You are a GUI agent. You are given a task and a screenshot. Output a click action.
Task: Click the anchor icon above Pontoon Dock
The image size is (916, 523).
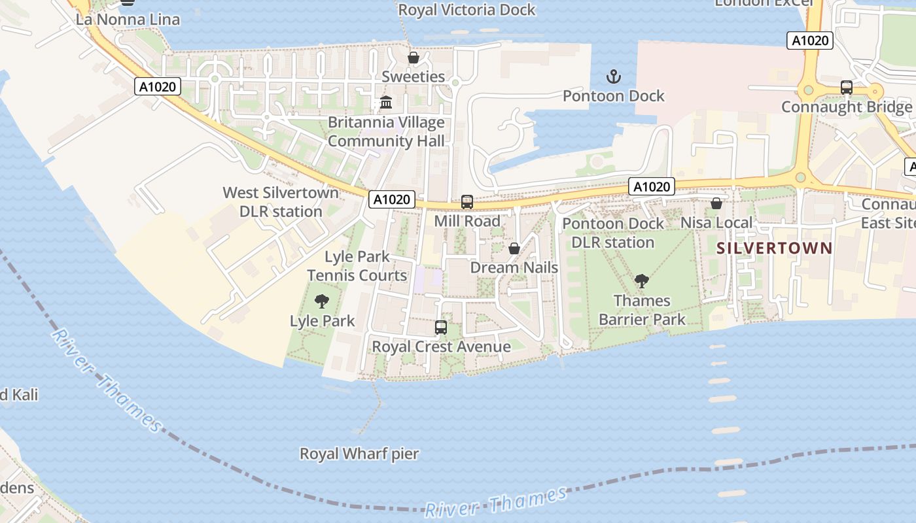[613, 77]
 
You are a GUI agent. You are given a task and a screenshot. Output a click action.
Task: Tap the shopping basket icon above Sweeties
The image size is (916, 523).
[413, 58]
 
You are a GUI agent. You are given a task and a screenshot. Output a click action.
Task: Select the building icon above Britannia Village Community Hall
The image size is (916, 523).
[386, 103]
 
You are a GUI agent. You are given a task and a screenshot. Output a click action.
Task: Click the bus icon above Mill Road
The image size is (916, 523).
[467, 202]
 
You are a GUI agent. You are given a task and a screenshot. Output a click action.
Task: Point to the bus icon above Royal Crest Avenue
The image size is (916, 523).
[441, 328]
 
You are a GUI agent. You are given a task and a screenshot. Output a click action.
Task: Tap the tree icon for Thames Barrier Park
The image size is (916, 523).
[642, 282]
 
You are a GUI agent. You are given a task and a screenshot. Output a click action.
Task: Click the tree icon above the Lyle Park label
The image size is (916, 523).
[321, 301]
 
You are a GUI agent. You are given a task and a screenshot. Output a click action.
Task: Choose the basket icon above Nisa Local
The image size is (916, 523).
[716, 204]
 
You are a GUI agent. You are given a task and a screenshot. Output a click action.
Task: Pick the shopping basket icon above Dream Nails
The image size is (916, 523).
[514, 249]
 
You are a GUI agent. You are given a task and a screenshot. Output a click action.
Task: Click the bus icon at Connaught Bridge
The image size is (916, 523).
[847, 88]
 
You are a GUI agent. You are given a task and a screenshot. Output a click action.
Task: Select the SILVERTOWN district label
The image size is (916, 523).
[774, 248]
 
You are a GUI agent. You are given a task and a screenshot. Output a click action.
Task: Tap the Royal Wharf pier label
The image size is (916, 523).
[359, 454]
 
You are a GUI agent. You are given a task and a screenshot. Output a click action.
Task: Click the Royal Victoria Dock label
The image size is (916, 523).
[467, 10]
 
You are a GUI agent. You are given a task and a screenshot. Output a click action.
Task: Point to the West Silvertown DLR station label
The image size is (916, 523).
[281, 202]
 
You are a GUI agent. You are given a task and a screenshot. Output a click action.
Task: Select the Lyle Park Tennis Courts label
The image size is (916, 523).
[357, 266]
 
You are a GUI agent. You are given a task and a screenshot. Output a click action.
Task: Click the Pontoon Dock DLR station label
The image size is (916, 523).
[613, 233]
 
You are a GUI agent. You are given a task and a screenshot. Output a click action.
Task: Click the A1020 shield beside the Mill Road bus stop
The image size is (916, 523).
[392, 199]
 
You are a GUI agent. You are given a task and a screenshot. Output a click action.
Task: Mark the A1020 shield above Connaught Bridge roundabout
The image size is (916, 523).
[810, 41]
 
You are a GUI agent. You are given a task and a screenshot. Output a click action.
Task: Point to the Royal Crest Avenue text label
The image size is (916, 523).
[441, 346]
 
